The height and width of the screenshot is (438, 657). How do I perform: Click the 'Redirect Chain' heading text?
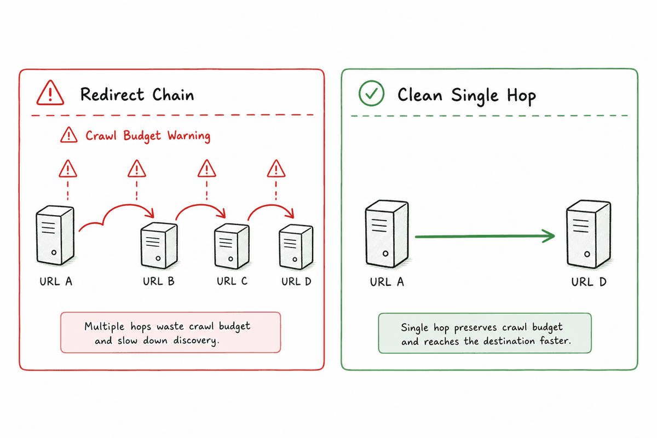137,95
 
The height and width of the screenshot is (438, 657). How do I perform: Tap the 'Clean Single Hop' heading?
466,95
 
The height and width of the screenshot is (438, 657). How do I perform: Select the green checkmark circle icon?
371,93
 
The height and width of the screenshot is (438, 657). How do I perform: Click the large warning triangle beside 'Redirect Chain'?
50,93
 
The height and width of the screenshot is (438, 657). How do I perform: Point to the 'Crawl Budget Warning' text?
148,136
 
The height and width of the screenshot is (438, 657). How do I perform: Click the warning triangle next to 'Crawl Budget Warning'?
69,135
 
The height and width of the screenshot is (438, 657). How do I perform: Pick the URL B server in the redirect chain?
159,245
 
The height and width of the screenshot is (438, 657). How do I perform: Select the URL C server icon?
232,246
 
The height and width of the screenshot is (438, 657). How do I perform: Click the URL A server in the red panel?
55,235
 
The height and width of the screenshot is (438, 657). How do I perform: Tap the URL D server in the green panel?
589,234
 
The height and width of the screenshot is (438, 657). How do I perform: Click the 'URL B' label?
159,281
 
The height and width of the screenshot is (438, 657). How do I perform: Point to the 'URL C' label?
232,281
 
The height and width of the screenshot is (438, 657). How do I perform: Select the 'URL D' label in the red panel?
296,281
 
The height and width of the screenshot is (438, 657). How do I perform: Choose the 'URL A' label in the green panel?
387,282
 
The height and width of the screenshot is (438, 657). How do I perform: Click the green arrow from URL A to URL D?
485,236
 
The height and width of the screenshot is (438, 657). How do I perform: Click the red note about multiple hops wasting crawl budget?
171,332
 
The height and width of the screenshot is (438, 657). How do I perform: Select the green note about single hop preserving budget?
485,333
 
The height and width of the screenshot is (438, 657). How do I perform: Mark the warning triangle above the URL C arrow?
207,169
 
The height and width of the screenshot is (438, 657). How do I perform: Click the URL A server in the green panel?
387,234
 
